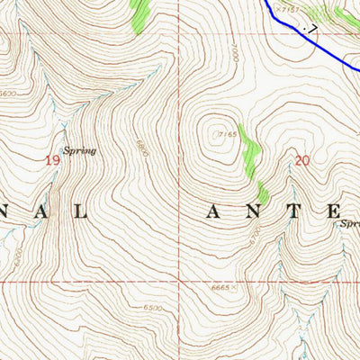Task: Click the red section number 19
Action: pyautogui.click(x=53, y=159)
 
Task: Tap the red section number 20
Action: pyautogui.click(x=301, y=161)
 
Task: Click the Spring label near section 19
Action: pyautogui.click(x=78, y=150)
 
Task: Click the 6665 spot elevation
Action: pyautogui.click(x=219, y=287)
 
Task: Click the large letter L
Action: pyautogui.click(x=80, y=213)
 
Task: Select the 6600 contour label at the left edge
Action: pyautogui.click(x=8, y=93)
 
